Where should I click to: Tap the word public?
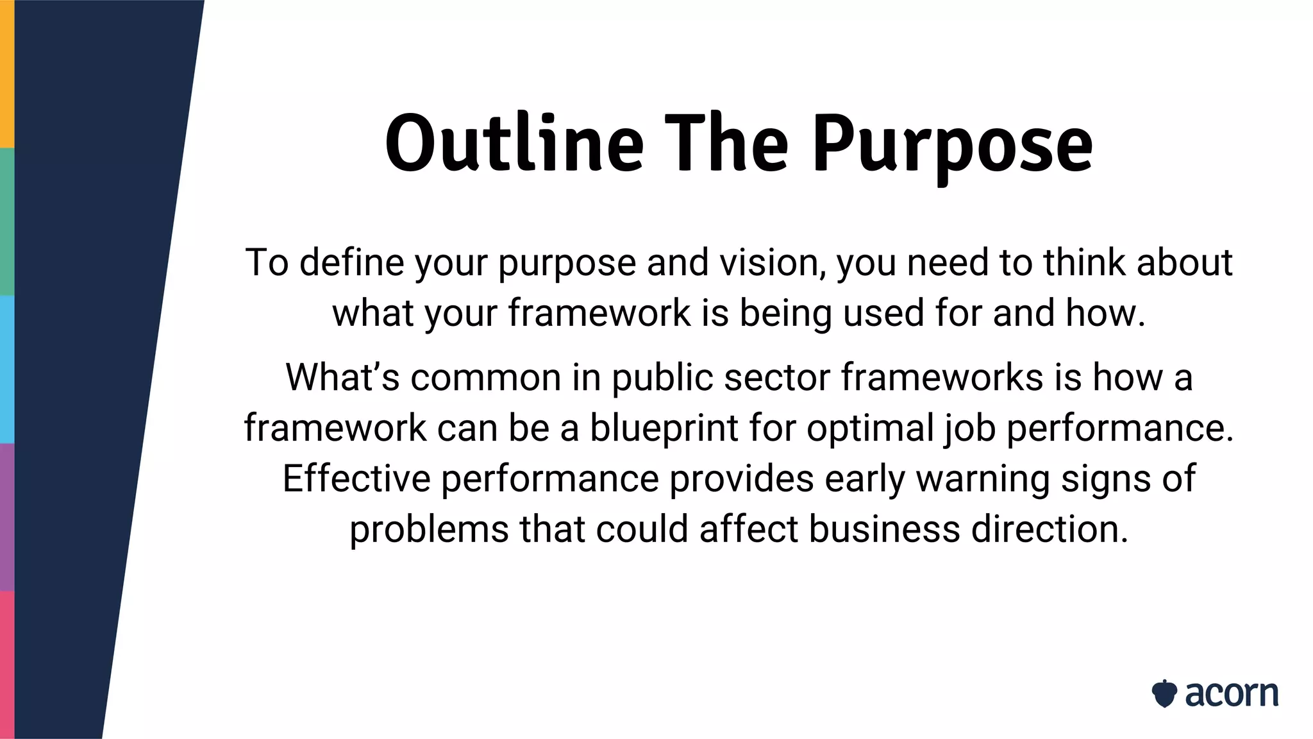click(662, 377)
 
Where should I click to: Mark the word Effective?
click(356, 479)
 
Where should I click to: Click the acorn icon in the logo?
click(1164, 693)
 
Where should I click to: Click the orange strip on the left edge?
click(6, 74)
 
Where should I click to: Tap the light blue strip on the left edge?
click(6, 369)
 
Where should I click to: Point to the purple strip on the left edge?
click(6, 516)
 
